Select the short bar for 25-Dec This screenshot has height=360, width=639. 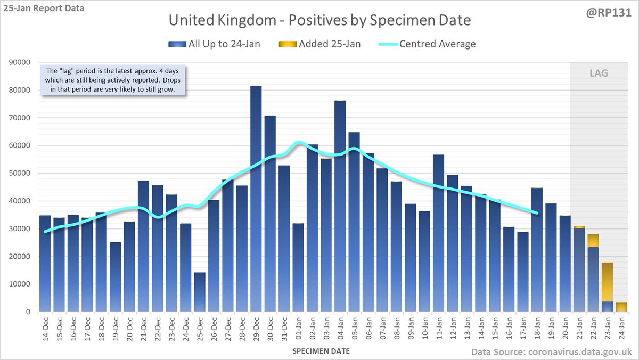pyautogui.click(x=200, y=293)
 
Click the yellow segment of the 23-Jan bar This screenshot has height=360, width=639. pyautogui.click(x=607, y=282)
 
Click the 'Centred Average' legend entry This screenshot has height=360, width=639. pyautogui.click(x=429, y=44)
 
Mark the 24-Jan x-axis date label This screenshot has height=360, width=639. pyautogui.click(x=621, y=329)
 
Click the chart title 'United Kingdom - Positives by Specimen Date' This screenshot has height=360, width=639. pyautogui.click(x=319, y=21)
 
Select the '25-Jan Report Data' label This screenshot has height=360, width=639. pyautogui.click(x=43, y=9)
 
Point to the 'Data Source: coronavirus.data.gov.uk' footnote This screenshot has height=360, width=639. pyautogui.click(x=551, y=351)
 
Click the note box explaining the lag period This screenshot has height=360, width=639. pyautogui.click(x=113, y=80)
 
